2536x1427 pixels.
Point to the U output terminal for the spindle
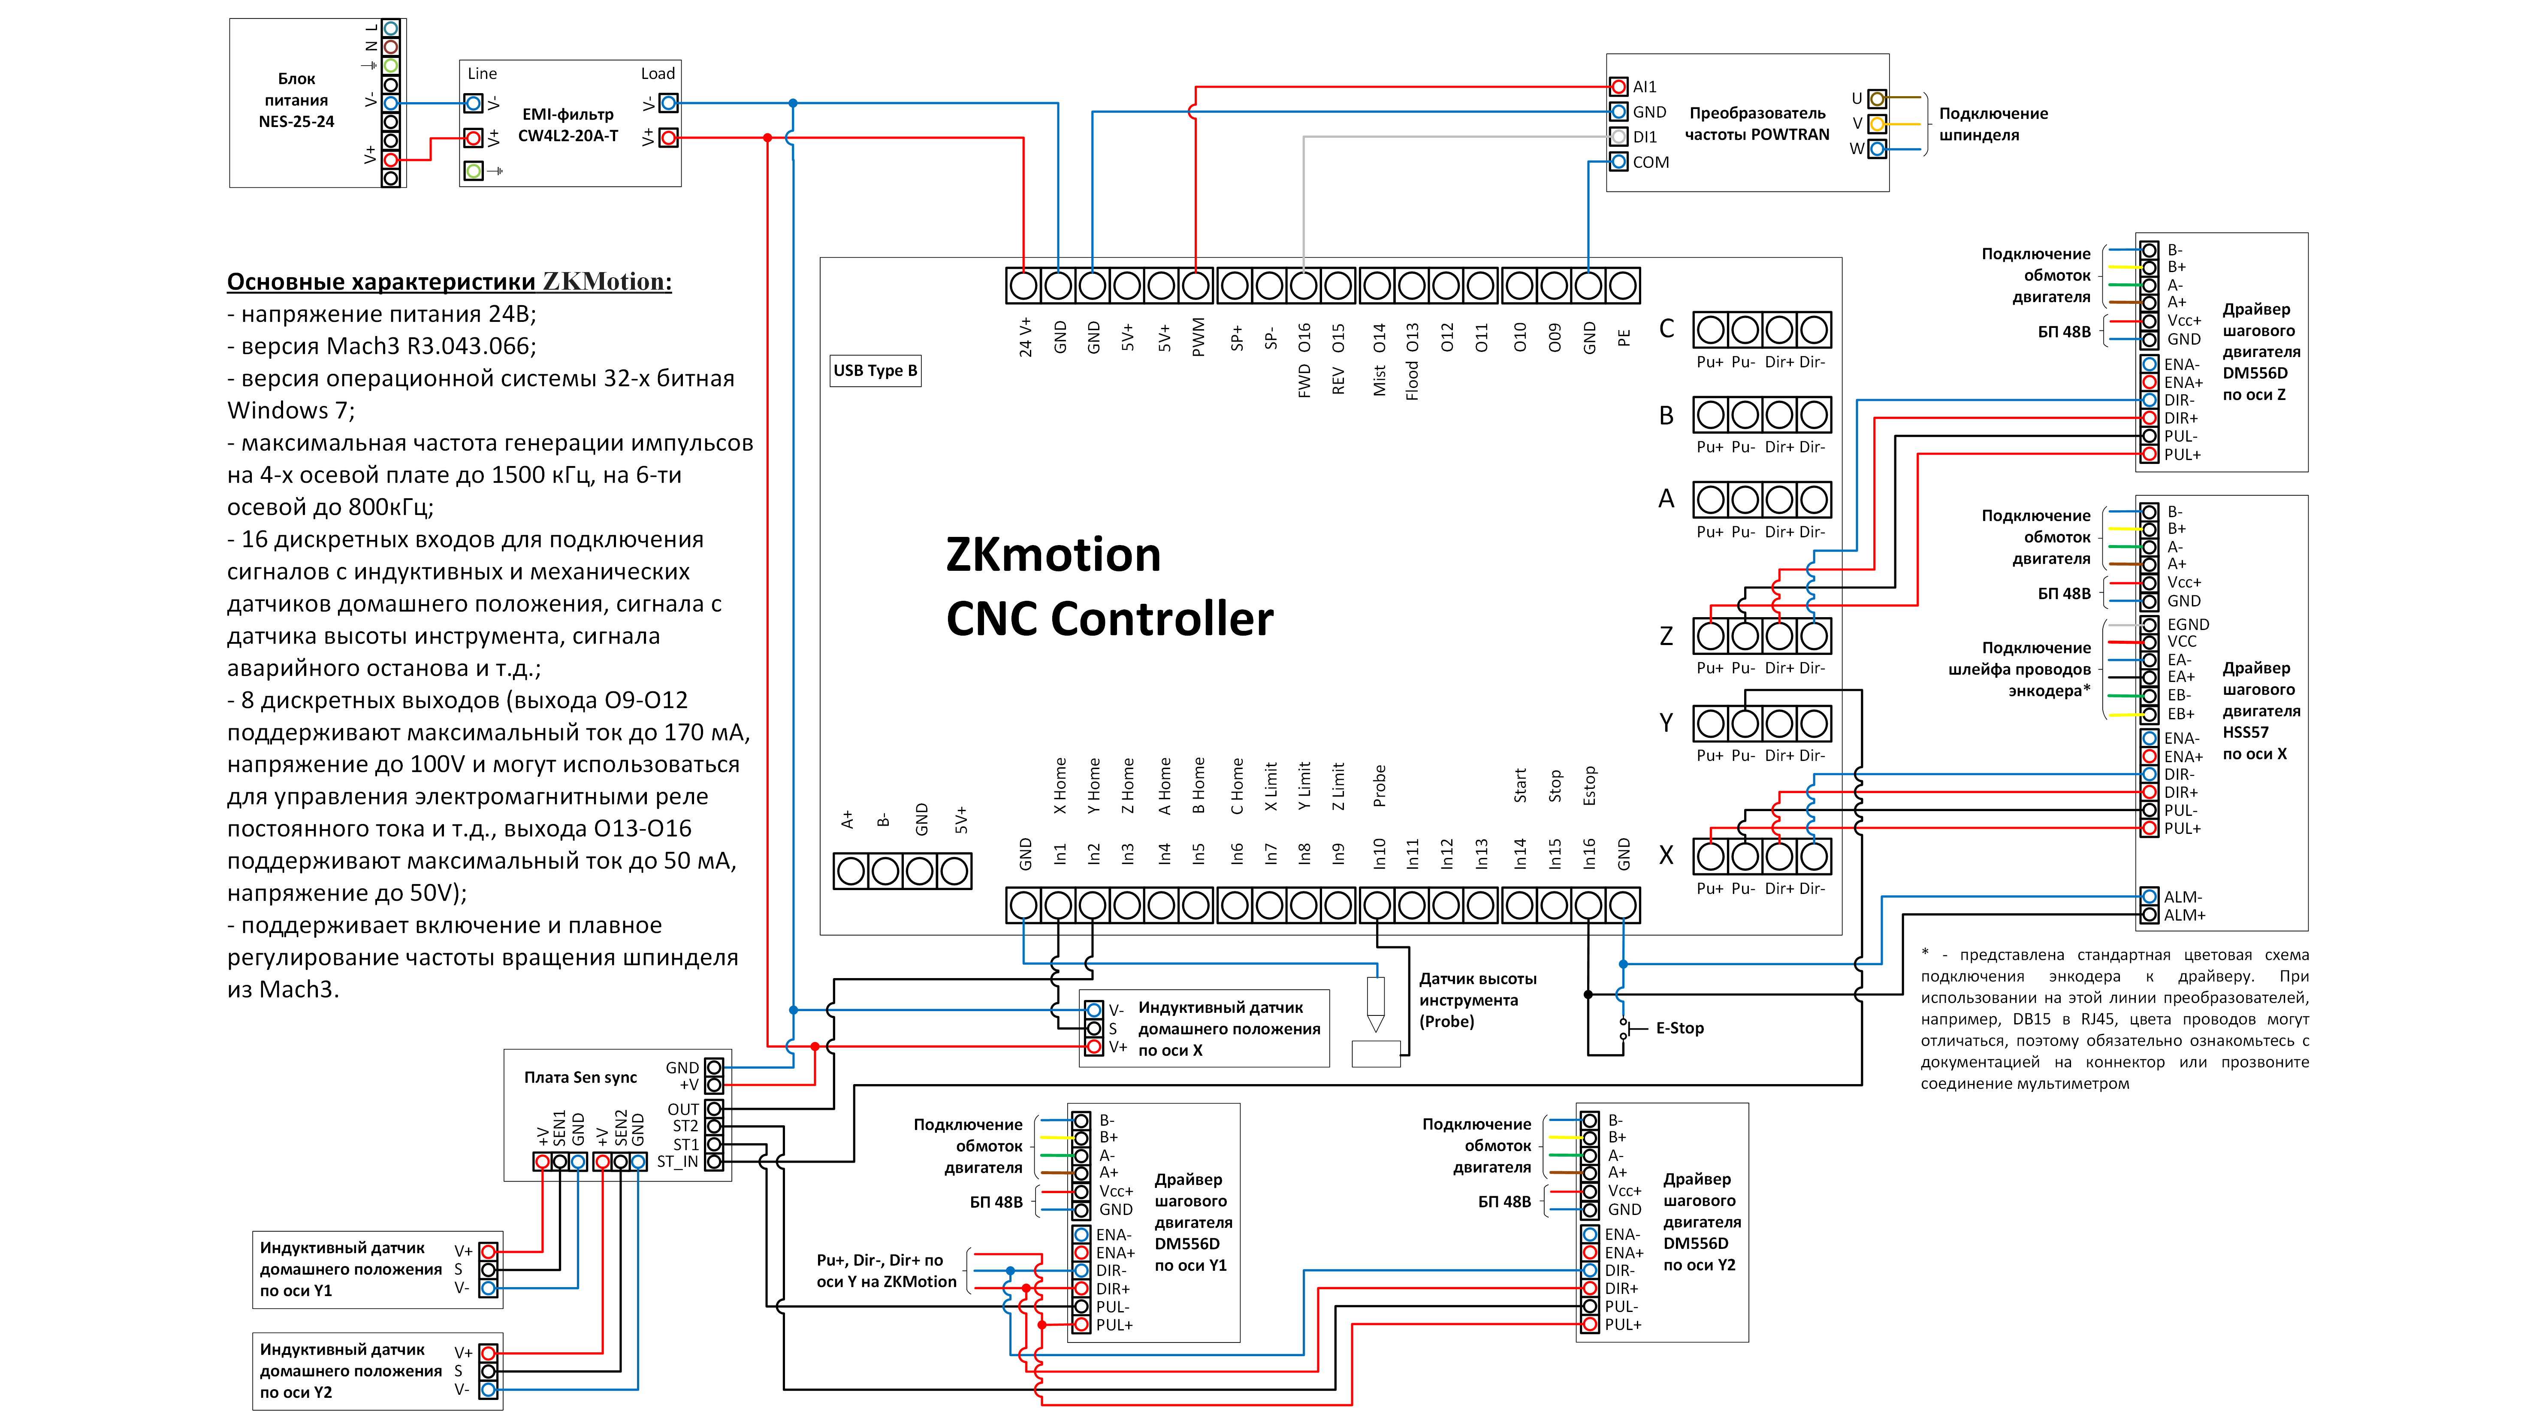point(1878,98)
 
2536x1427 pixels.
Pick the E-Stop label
point(1679,1028)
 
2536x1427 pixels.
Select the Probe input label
point(1379,786)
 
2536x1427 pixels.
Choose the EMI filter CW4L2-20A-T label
point(568,125)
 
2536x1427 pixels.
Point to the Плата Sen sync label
point(580,1077)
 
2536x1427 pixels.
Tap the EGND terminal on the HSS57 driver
point(2150,624)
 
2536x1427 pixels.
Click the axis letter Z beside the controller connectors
point(1666,636)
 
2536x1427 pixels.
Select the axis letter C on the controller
point(1666,329)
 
